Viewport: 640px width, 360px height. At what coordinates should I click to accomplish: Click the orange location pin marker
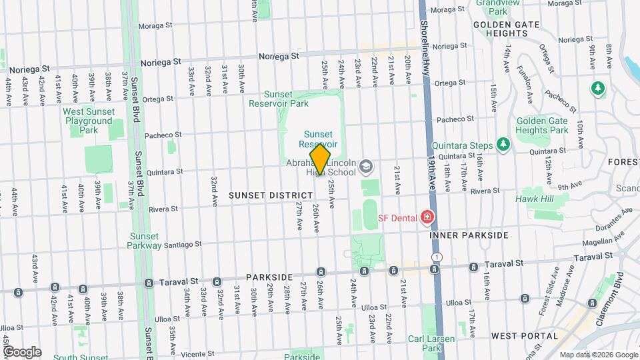coord(320,159)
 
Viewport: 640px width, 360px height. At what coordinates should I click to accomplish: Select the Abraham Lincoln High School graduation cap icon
coord(365,166)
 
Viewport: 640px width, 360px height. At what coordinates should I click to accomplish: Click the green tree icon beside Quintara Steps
coord(503,145)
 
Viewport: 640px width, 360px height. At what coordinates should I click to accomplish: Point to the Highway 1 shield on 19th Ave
coord(436,257)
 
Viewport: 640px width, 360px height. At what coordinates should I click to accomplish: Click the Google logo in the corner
coord(22,351)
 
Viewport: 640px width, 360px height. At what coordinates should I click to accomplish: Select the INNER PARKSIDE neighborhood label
coord(469,235)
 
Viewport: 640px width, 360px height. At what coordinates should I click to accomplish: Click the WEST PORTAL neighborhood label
coord(524,335)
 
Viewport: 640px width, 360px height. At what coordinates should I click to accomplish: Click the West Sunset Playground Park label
coord(88,121)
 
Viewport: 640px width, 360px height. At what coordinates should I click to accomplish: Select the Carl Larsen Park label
coord(431,343)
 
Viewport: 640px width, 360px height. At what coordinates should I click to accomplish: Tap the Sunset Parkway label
coord(145,240)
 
